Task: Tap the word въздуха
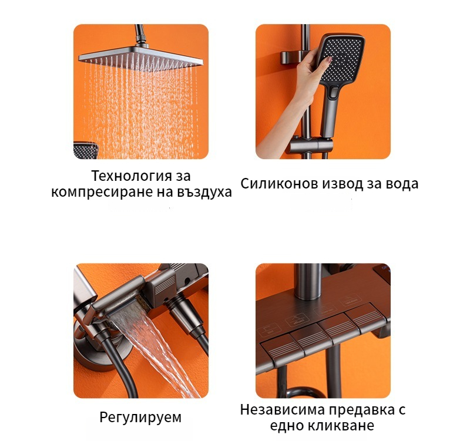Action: pyautogui.click(x=204, y=192)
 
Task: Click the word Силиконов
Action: pyautogui.click(x=279, y=183)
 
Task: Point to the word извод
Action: pyautogui.click(x=343, y=184)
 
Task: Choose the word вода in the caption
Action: pyautogui.click(x=402, y=183)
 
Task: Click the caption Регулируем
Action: pyautogui.click(x=140, y=418)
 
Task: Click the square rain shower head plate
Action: pyautogui.click(x=140, y=58)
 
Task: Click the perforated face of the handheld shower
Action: pyautogui.click(x=344, y=60)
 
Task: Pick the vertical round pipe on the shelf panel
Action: pyautogui.click(x=307, y=282)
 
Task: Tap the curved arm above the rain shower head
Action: pyautogui.click(x=140, y=35)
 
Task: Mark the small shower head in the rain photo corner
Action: pyautogui.click(x=85, y=150)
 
